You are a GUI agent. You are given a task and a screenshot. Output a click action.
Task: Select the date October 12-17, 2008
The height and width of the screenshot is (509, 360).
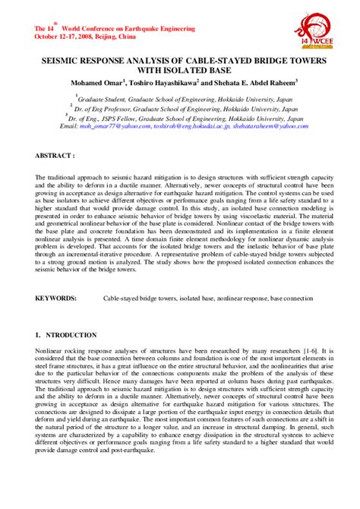tap(63, 36)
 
